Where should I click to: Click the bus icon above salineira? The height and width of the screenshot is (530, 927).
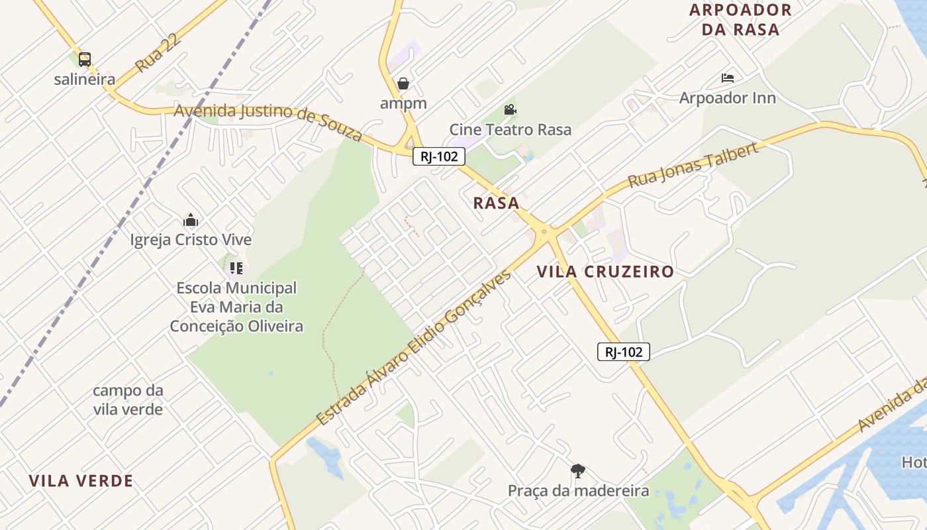tap(84, 60)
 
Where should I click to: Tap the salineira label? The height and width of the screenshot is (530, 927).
tap(84, 79)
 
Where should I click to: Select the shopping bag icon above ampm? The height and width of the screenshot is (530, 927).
tap(403, 83)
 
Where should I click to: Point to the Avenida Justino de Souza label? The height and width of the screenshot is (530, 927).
tap(268, 121)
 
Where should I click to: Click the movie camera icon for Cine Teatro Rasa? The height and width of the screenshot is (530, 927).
tap(510, 109)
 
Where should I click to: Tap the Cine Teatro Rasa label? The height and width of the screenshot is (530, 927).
tap(510, 129)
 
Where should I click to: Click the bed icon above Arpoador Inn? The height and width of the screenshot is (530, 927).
tap(727, 78)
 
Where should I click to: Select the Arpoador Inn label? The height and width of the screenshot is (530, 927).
tap(727, 98)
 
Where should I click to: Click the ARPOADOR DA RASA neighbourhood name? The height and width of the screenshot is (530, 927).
tap(740, 19)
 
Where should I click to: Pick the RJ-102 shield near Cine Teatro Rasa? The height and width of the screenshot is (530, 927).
tap(439, 156)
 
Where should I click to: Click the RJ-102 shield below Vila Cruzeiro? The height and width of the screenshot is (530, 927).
tap(623, 352)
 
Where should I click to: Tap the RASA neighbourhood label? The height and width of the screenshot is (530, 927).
tap(496, 203)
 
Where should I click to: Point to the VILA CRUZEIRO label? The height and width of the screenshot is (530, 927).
tap(605, 272)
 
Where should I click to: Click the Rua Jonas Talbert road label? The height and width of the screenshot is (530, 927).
tap(693, 165)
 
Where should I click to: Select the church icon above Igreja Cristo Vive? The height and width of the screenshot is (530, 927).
tap(191, 221)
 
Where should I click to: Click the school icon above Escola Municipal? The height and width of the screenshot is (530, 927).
tap(236, 268)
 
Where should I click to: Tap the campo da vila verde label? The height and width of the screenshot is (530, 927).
tap(128, 399)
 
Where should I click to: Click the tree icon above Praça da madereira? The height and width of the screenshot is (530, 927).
tap(577, 471)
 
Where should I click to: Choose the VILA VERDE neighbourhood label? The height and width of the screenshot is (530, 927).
tap(81, 481)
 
